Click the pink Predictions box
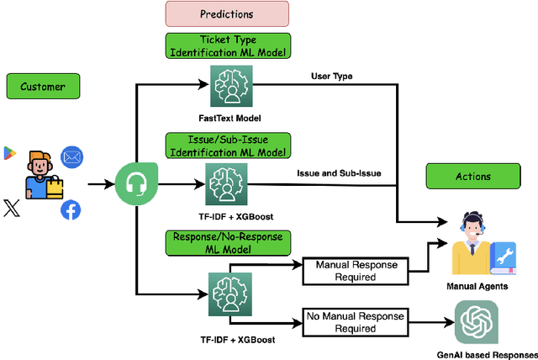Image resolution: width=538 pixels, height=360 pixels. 226,14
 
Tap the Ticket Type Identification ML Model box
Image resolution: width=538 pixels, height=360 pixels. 226,45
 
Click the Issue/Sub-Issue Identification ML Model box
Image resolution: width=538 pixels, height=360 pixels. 227,144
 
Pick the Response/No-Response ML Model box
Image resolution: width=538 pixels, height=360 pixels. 227,243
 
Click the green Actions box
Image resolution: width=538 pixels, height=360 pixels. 474,177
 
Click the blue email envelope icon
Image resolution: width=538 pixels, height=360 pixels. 72,156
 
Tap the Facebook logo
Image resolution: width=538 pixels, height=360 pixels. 71,210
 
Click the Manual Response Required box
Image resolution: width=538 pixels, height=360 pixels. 356,271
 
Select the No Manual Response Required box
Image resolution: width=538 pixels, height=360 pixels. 356,322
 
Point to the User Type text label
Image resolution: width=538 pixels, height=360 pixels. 332,76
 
